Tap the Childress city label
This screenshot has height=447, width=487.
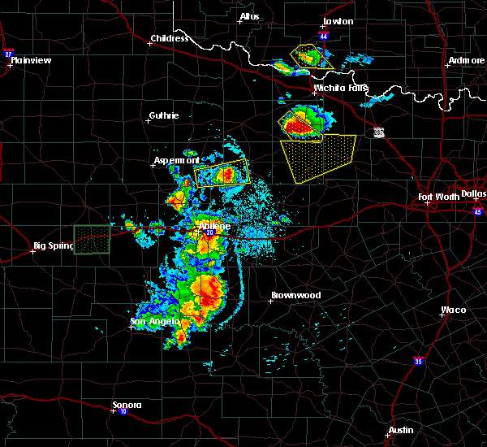tap(170, 38)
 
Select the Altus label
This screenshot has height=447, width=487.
tap(249, 17)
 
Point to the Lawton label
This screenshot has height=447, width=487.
tap(338, 21)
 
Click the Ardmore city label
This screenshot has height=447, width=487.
tap(466, 61)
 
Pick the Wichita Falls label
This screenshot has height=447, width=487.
tap(341, 88)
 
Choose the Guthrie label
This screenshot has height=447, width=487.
tap(164, 115)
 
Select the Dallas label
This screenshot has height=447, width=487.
tap(474, 193)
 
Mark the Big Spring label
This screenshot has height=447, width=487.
tap(53, 245)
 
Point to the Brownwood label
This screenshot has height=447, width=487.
tap(295, 295)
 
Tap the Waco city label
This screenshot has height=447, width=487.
tap(454, 310)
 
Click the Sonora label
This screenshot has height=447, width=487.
tap(127, 405)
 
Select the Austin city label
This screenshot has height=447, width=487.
tap(400, 430)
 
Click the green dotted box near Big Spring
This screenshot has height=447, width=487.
tap(92, 240)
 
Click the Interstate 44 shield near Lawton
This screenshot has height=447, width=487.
tap(324, 37)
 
